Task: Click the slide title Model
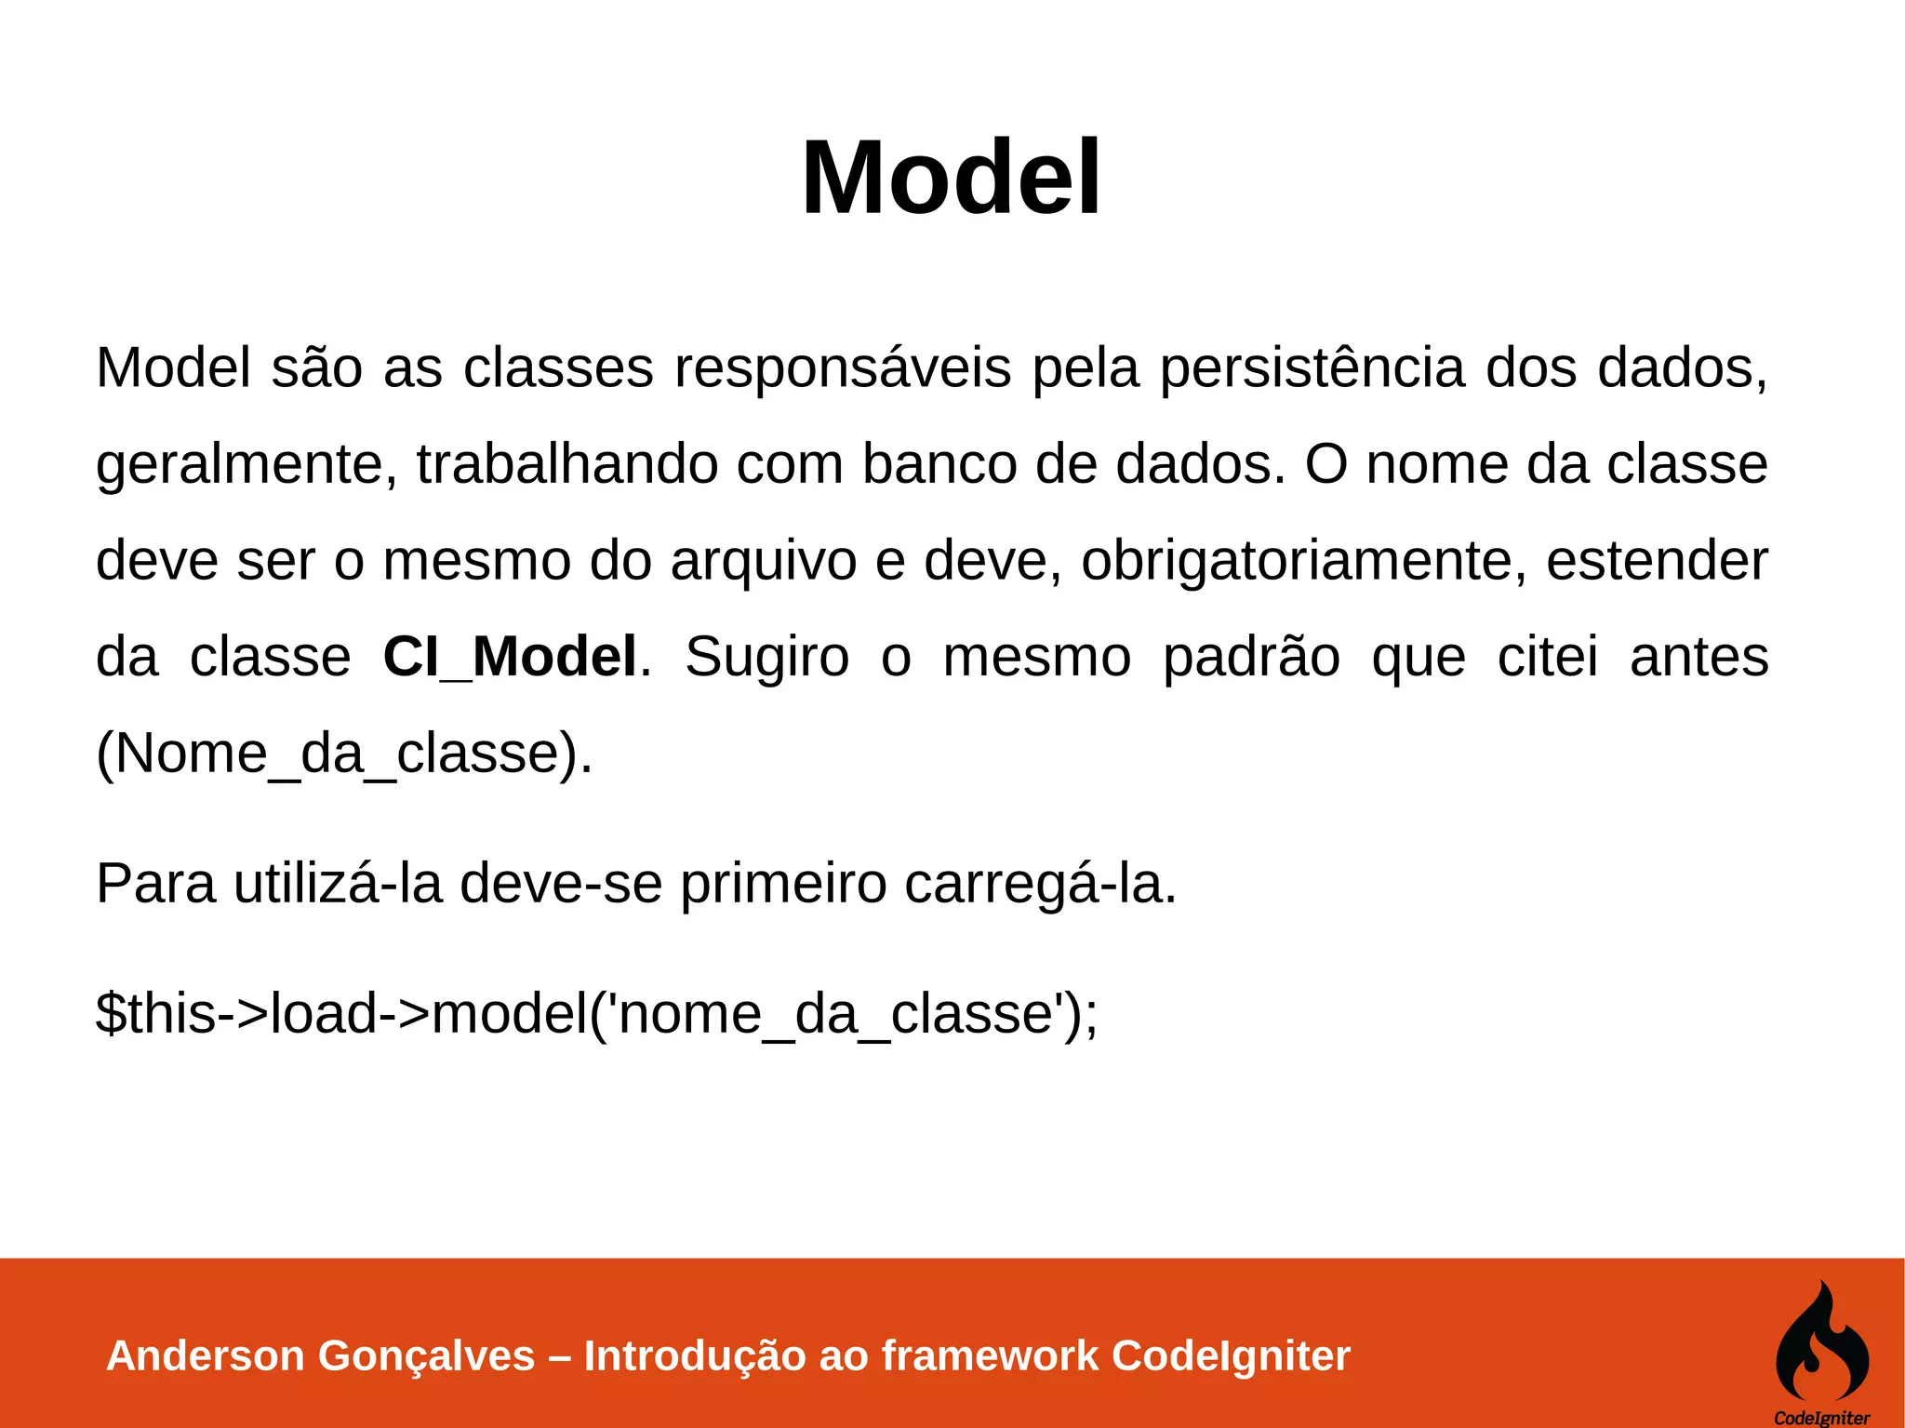(x=951, y=177)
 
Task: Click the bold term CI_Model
(x=510, y=656)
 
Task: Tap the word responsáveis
(x=842, y=367)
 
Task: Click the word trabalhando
(x=566, y=464)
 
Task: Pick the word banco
(x=939, y=464)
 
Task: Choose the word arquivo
(x=763, y=561)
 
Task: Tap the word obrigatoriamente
(x=1303, y=561)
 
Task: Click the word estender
(x=1657, y=561)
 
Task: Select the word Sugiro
(x=767, y=657)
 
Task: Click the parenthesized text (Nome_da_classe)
(x=344, y=753)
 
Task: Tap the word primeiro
(x=783, y=883)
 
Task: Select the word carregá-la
(x=1040, y=883)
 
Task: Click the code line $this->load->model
(x=596, y=1013)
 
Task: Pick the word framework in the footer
(x=990, y=1355)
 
